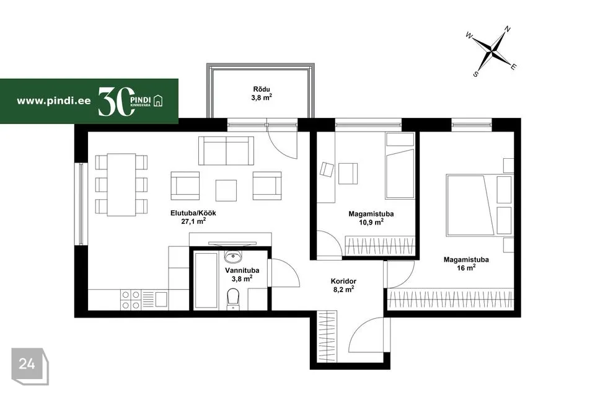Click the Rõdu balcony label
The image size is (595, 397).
click(262, 89)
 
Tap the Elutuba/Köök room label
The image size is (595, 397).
click(193, 213)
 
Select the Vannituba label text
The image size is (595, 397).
click(242, 270)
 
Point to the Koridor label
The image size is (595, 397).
click(343, 282)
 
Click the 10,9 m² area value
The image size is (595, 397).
click(371, 222)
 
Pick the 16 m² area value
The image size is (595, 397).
click(466, 268)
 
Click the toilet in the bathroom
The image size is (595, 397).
click(232, 298)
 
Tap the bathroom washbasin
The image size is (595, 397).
click(232, 257)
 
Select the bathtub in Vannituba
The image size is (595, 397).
click(206, 280)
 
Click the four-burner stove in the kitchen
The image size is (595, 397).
click(130, 300)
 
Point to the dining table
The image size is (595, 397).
click(121, 185)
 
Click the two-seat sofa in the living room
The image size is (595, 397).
click(226, 151)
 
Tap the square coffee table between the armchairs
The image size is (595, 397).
click(226, 190)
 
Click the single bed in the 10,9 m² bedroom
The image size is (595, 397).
click(400, 166)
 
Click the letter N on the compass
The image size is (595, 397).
click(508, 29)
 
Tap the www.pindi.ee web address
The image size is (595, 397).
click(54, 100)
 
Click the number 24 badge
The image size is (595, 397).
click(27, 364)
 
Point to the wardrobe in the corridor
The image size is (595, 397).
click(327, 336)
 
